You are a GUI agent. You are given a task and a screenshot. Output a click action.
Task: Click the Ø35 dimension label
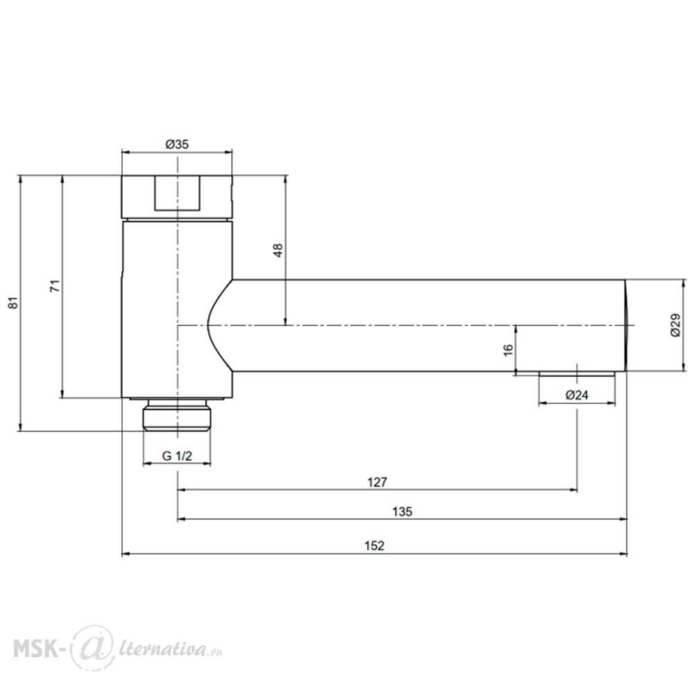click(177, 144)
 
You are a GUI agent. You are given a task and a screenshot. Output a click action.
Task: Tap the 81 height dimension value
click(14, 303)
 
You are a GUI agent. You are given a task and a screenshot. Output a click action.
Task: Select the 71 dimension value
click(55, 286)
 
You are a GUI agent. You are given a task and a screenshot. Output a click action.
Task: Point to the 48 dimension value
click(278, 251)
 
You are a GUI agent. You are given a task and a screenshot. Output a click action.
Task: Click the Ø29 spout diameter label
click(675, 325)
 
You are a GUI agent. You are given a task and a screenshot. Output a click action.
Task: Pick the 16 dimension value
click(509, 349)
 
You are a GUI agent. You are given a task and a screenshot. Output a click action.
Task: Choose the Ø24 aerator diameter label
click(577, 395)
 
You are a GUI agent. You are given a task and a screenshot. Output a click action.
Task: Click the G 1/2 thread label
click(177, 456)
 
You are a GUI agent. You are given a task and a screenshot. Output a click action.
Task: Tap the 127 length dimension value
click(377, 482)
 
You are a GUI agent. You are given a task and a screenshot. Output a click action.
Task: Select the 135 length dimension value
click(402, 511)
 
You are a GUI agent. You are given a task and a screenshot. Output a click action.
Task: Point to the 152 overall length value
click(375, 545)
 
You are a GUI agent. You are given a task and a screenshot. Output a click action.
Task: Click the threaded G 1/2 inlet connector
click(177, 416)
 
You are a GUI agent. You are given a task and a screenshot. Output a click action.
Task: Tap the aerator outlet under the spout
click(577, 373)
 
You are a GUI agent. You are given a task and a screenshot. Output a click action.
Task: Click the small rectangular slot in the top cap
click(177, 193)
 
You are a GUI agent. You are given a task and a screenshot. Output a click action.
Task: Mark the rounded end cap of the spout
click(627, 325)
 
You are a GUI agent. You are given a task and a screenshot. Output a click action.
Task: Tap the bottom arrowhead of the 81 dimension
click(20, 428)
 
